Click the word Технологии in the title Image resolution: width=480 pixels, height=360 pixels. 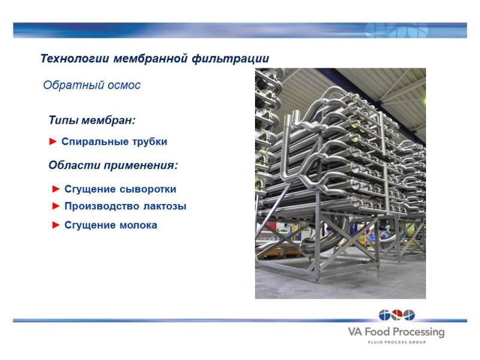tap(74, 58)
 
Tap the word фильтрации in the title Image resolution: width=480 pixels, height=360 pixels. tap(230, 58)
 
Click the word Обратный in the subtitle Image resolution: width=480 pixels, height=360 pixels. tap(68, 85)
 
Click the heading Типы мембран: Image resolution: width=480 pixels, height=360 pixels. tap(92, 120)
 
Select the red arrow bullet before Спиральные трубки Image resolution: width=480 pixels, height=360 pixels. tap(53, 142)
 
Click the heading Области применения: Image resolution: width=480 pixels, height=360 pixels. tap(113, 166)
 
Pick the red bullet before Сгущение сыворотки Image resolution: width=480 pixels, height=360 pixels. tap(56, 189)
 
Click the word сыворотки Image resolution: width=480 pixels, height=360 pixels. tap(148, 189)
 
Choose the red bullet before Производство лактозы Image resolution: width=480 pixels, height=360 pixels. tap(56, 206)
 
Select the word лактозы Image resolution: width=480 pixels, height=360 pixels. tap(165, 206)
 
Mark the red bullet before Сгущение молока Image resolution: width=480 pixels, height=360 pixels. tap(56, 226)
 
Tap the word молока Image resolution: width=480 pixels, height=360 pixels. tap(139, 226)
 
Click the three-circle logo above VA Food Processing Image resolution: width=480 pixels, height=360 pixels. tap(397, 315)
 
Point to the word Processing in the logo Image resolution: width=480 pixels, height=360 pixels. tap(418, 332)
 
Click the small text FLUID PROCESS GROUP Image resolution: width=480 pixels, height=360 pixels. tap(397, 342)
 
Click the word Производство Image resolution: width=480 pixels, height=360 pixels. tap(102, 206)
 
